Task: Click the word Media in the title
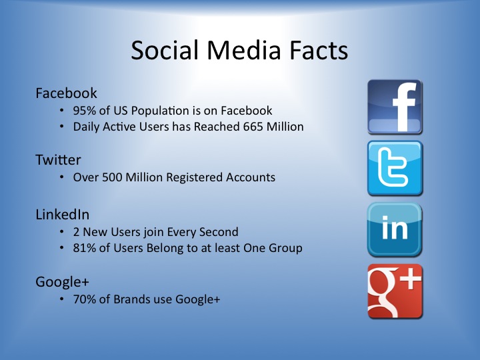[244, 50]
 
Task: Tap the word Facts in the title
[319, 50]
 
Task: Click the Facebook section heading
[66, 93]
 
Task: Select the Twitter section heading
[58, 160]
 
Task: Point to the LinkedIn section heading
[63, 215]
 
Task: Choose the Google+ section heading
[62, 282]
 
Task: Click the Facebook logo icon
[395, 107]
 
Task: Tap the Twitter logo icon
[395, 168]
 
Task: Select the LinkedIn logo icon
[395, 229]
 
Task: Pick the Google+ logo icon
[395, 291]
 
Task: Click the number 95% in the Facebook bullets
[85, 111]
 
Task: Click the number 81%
[85, 248]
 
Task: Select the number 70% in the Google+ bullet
[85, 299]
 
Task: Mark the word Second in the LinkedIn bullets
[219, 232]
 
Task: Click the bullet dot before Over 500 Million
[62, 177]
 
